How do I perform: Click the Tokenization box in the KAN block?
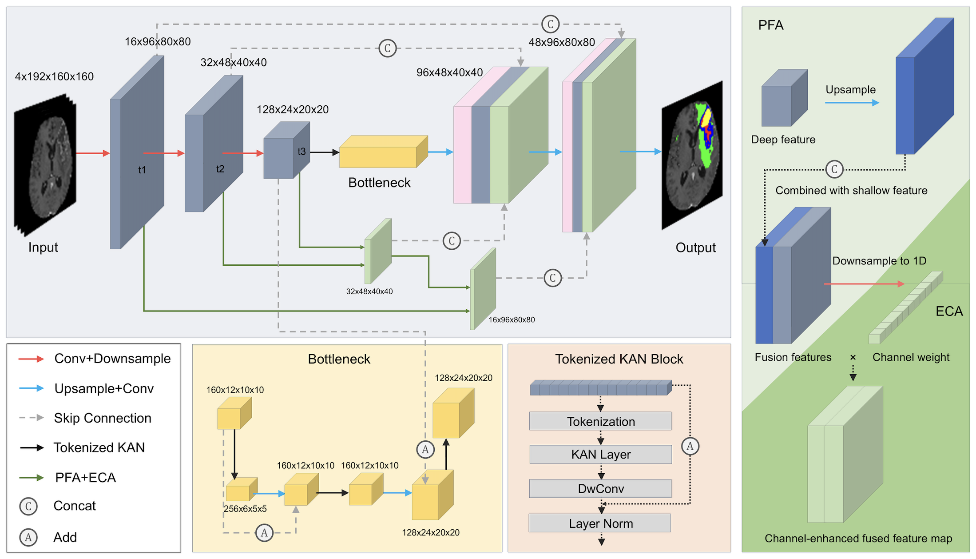click(x=600, y=421)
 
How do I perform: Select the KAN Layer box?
click(x=600, y=455)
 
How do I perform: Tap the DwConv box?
click(x=600, y=489)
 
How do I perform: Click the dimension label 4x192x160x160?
click(x=54, y=76)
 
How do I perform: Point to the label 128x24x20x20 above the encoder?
click(x=293, y=109)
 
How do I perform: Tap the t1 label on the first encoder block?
click(x=142, y=170)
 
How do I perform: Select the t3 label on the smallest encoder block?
click(x=302, y=152)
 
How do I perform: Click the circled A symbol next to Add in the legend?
click(x=28, y=537)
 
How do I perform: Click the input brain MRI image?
click(x=46, y=164)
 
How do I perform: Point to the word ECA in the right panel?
click(x=949, y=311)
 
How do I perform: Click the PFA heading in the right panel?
click(x=770, y=25)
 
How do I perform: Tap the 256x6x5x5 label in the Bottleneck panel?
click(x=245, y=509)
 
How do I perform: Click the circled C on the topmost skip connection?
click(x=550, y=24)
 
